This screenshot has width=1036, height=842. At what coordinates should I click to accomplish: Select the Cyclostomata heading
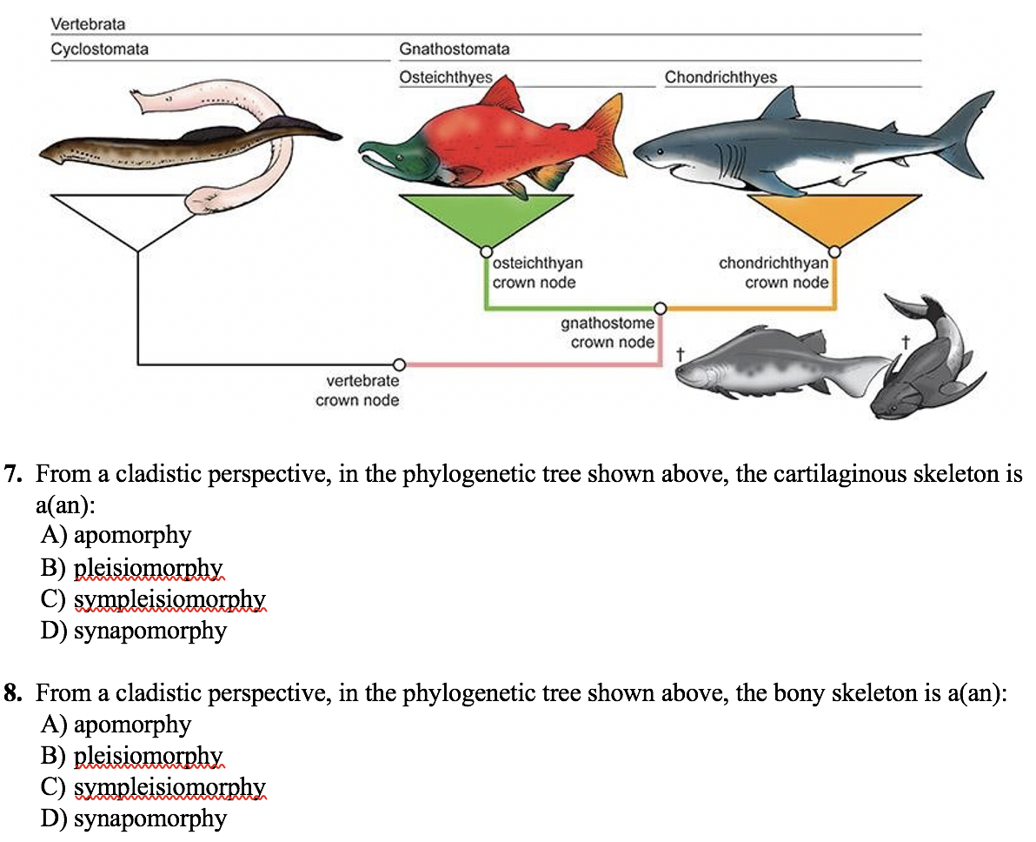pos(99,49)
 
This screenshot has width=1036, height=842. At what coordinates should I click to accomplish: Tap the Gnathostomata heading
pos(454,49)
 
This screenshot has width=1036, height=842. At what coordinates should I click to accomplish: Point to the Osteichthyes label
pos(445,77)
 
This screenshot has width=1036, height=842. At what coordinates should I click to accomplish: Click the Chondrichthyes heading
pos(721,77)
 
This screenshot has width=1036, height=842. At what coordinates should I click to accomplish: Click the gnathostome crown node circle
pos(661,308)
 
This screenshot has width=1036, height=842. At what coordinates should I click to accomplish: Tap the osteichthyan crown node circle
pos(486,252)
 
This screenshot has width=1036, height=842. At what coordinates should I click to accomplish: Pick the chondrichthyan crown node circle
pos(834,252)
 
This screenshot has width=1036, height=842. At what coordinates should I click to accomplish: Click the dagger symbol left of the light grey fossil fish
pos(681,354)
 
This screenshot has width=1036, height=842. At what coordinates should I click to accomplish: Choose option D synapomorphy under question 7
pos(149,630)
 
